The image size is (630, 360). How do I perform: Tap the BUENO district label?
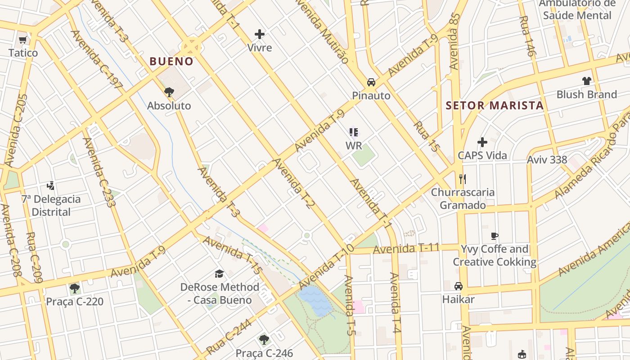pyautogui.click(x=171, y=61)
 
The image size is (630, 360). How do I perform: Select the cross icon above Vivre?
pyautogui.click(x=260, y=34)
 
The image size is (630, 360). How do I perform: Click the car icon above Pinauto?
pyautogui.click(x=371, y=82)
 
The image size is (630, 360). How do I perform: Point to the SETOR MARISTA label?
pyautogui.click(x=495, y=106)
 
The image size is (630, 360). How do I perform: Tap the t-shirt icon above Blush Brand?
pyautogui.click(x=586, y=81)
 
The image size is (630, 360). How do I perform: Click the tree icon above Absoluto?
pyautogui.click(x=169, y=92)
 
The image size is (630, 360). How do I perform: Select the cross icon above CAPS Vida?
pyautogui.click(x=482, y=142)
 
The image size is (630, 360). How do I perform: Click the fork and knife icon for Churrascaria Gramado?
pyautogui.click(x=463, y=179)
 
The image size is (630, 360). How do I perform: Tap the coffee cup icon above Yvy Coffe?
pyautogui.click(x=495, y=236)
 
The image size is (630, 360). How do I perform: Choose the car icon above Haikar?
pyautogui.click(x=459, y=286)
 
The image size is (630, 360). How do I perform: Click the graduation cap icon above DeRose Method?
pyautogui.click(x=219, y=274)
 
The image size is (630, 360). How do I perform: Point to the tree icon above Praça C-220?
pyautogui.click(x=75, y=288)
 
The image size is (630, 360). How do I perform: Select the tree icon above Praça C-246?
pyautogui.click(x=264, y=340)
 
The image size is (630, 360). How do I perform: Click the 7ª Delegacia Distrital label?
pyautogui.click(x=51, y=206)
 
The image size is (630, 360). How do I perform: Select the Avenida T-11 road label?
pyautogui.click(x=406, y=248)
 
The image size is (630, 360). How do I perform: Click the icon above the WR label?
pyautogui.click(x=354, y=132)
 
